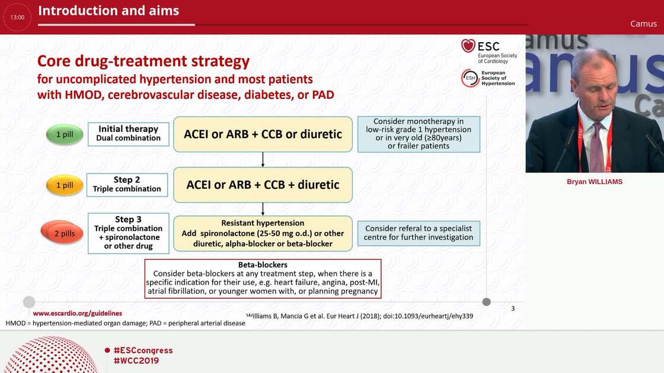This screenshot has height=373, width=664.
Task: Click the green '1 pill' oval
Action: (x=65, y=134)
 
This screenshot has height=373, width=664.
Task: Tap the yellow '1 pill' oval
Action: (x=65, y=185)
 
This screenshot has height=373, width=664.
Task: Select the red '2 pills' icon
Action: (x=62, y=232)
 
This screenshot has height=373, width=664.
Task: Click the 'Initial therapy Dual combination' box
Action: (x=128, y=134)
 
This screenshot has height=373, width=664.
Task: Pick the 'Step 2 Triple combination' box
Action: (x=127, y=185)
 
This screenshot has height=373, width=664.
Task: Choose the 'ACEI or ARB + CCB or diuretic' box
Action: (x=263, y=134)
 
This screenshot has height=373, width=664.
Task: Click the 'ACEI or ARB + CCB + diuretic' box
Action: (x=263, y=185)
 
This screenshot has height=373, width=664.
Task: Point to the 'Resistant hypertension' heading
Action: (x=263, y=223)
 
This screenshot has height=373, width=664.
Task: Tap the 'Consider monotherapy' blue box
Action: (x=419, y=134)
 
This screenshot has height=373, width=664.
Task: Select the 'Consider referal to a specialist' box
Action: (x=419, y=233)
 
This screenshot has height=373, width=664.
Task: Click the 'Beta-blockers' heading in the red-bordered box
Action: (x=263, y=265)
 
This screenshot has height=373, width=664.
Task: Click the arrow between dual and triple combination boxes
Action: (x=263, y=159)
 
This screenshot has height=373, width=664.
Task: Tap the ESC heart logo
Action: (x=468, y=46)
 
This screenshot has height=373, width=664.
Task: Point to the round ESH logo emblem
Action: (x=470, y=78)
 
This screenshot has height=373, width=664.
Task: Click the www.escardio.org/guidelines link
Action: (x=78, y=313)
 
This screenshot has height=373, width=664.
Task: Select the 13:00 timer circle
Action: (x=17, y=17)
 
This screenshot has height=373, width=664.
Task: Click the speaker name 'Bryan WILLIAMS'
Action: (x=595, y=182)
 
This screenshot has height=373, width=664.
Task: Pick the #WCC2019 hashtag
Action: (x=136, y=361)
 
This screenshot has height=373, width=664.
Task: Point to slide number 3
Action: (x=513, y=308)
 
